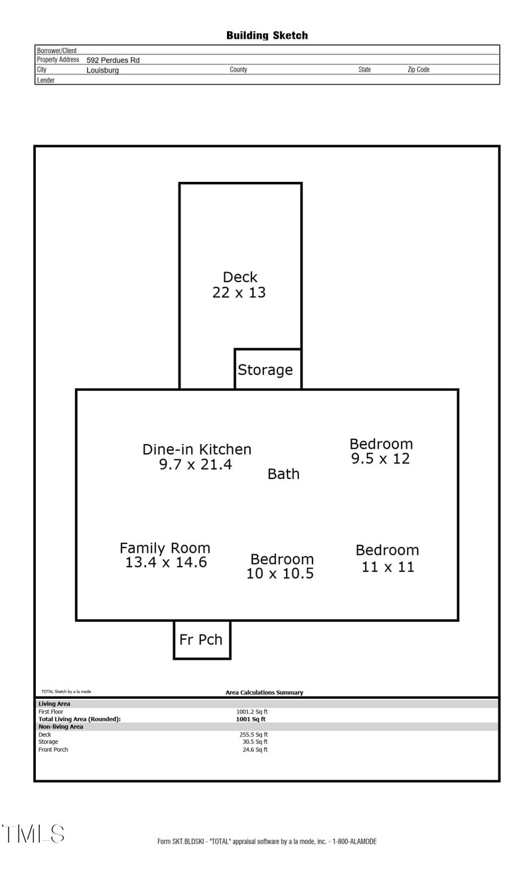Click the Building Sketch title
point(267,35)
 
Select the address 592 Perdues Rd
point(113,60)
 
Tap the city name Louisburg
point(103,70)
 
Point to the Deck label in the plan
point(240,277)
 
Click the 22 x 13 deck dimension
point(239,293)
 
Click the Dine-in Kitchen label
point(197,449)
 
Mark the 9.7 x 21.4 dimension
point(196,465)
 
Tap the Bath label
point(283,474)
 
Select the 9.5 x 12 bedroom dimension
point(380,459)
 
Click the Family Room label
point(165,548)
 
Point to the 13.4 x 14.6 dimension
point(166,563)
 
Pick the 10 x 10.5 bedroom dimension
point(280,573)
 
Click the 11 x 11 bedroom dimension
point(388,567)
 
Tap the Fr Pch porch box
point(202,640)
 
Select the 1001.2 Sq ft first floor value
point(252,711)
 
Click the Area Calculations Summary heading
point(264,693)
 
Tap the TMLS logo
point(33,834)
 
